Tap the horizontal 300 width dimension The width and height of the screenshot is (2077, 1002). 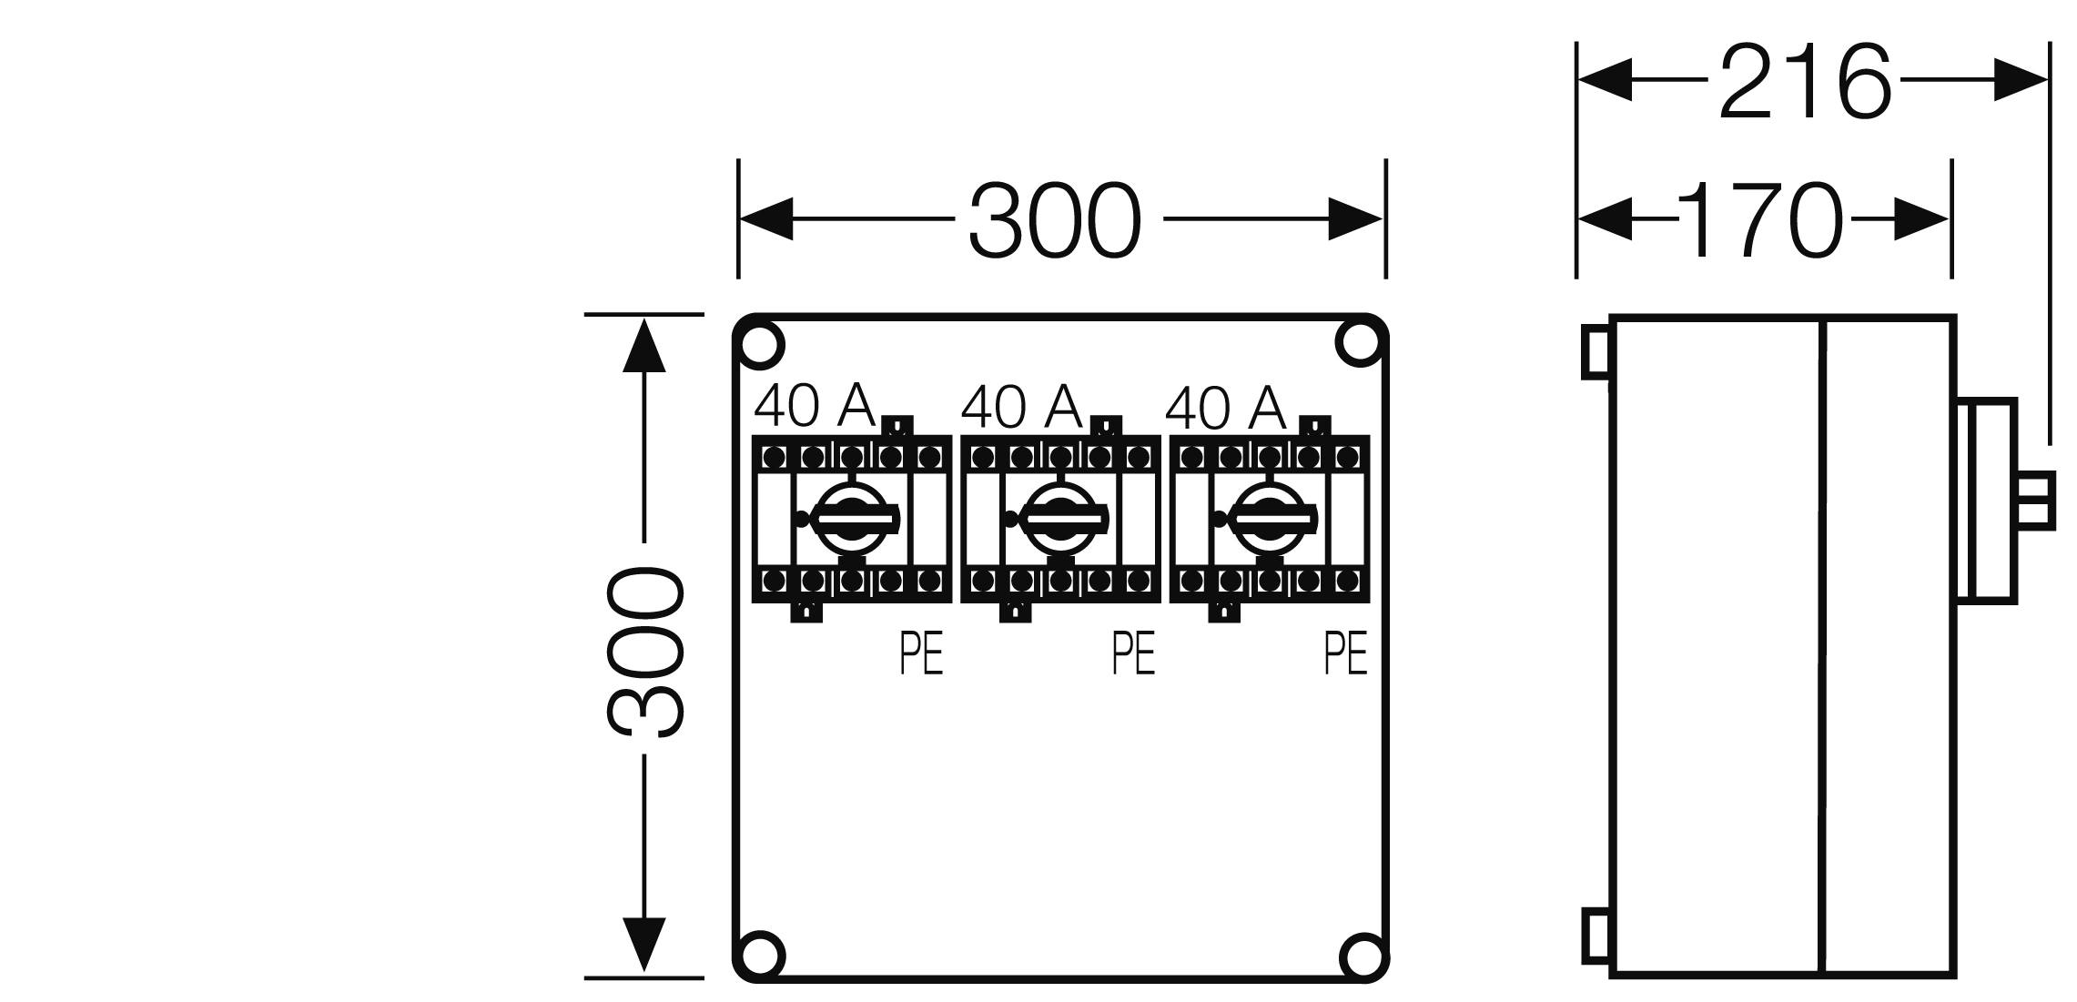click(x=1054, y=220)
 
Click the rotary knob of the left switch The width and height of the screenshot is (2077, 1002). click(x=852, y=519)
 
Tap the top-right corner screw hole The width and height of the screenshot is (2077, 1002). click(x=1359, y=344)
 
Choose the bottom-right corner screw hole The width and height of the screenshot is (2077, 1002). click(x=1363, y=956)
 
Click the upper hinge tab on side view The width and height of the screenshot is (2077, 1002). click(x=1596, y=351)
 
